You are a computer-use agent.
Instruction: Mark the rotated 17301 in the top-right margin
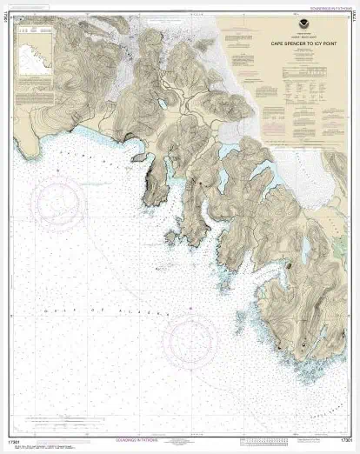pos(351,23)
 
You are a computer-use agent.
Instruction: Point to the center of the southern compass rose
pos(192,337)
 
